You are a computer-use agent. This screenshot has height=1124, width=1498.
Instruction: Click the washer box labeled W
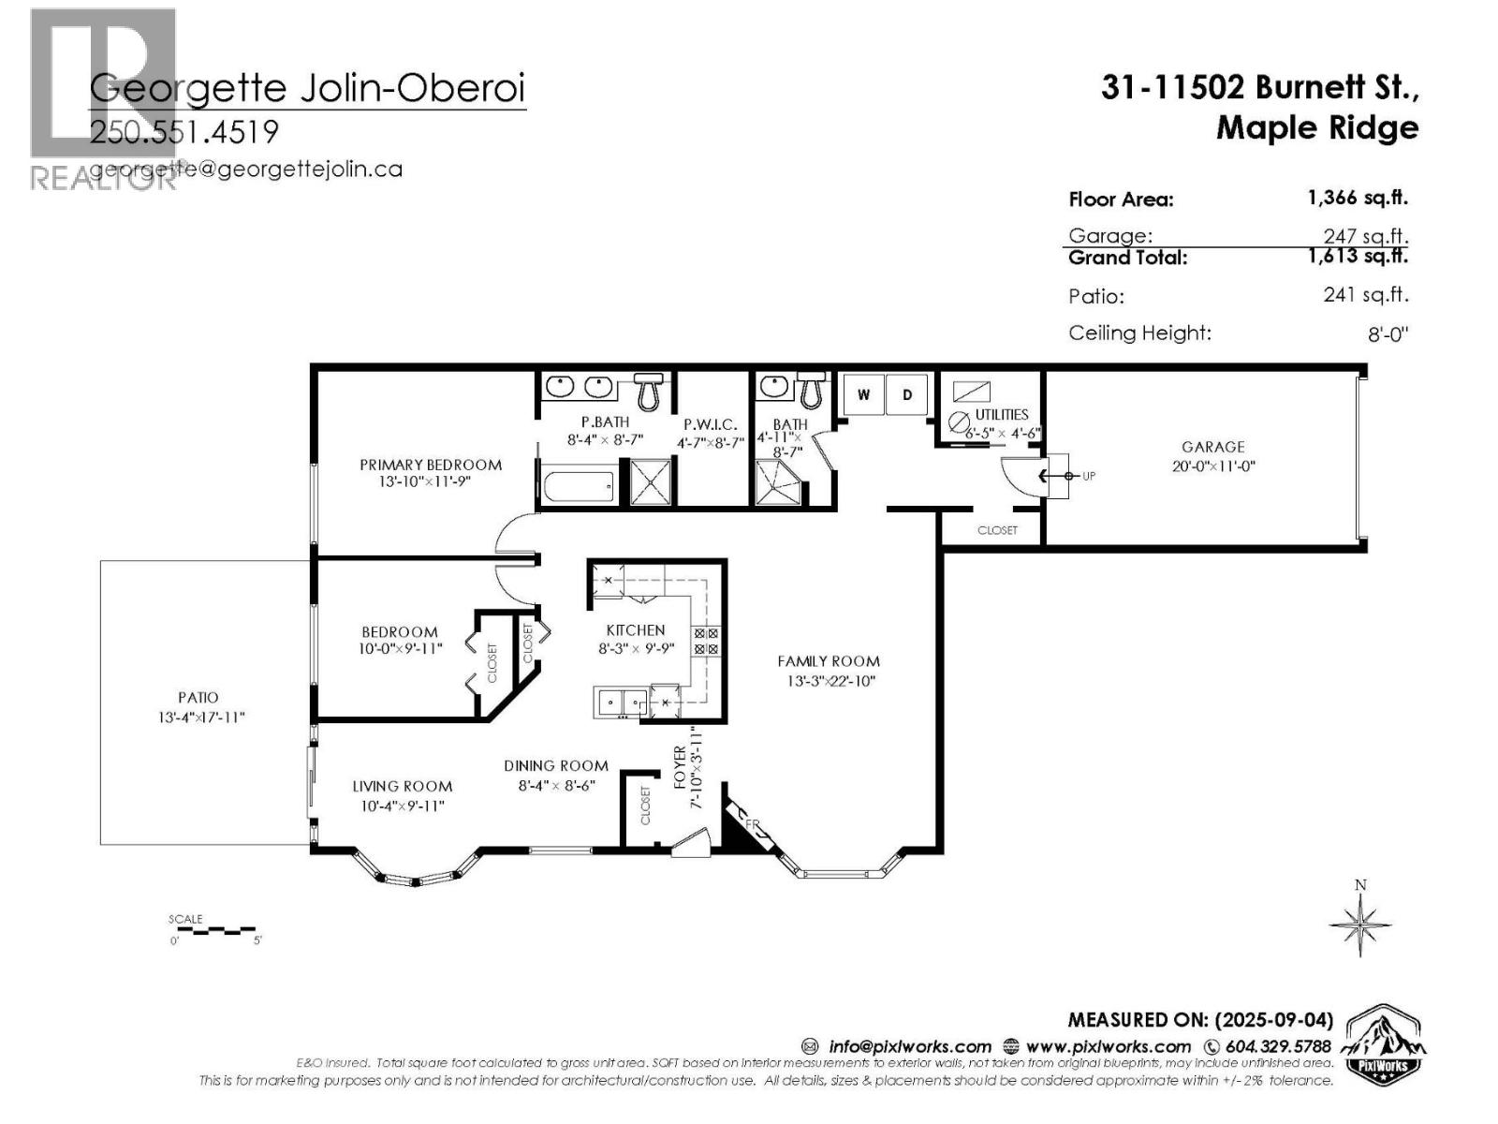[x=863, y=394]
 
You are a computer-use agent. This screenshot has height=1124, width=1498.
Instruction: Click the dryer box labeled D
[x=906, y=394]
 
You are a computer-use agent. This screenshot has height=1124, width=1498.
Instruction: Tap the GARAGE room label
[x=1212, y=447]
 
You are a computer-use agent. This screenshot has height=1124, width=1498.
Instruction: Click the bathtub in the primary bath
[x=577, y=486]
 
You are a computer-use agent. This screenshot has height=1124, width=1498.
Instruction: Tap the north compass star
[x=1360, y=924]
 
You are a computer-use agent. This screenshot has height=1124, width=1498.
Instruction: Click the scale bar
[x=213, y=930]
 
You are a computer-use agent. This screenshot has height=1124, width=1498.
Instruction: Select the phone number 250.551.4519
[x=184, y=132]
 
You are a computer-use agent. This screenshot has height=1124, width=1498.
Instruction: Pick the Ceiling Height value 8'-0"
[x=1388, y=334]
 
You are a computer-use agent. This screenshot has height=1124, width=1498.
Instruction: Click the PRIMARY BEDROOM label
[x=431, y=465]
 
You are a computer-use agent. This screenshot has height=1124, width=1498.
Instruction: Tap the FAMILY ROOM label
[x=829, y=661]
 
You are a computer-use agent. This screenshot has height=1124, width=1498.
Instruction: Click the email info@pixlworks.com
[x=908, y=1046]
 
